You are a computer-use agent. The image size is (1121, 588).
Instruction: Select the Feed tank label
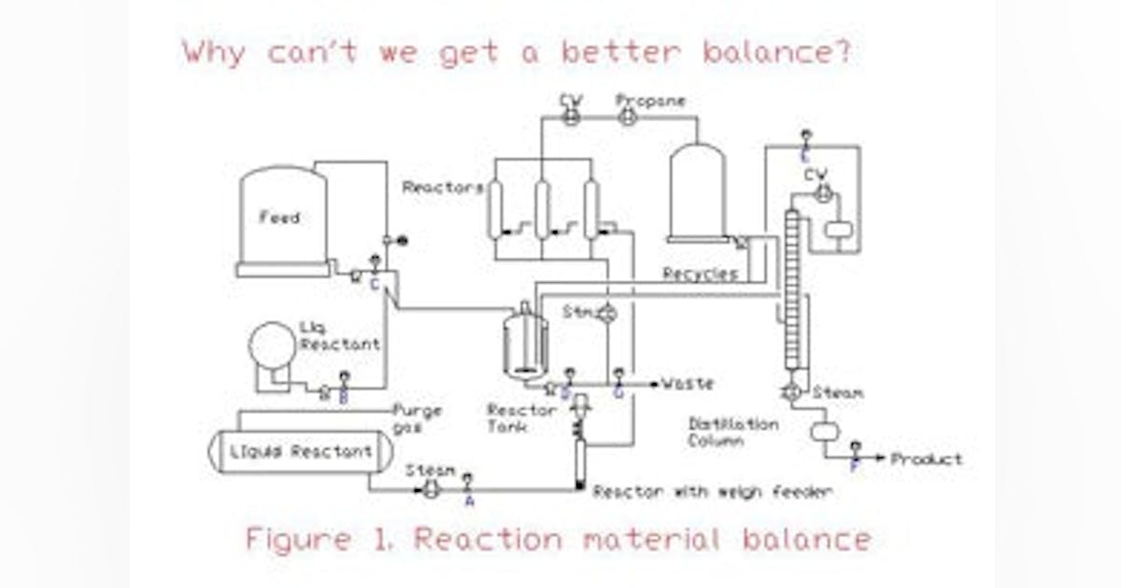coord(279,217)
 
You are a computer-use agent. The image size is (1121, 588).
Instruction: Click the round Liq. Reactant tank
coord(272,345)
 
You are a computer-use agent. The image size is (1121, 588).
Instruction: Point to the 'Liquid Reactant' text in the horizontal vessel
coord(301,452)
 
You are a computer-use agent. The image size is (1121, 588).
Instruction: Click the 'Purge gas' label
coord(417,418)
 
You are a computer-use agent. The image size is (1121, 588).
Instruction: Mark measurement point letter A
coord(469,500)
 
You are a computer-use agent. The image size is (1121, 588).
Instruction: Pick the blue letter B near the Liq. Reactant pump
coord(343,399)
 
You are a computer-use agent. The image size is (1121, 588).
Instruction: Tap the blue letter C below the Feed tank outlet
coord(374,286)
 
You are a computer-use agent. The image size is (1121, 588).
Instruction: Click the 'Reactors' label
coord(443,188)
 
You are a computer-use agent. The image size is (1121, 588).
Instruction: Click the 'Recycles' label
coord(700,274)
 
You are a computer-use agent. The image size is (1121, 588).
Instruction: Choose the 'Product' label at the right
coord(926,459)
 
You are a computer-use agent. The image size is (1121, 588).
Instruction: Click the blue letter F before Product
coord(854,466)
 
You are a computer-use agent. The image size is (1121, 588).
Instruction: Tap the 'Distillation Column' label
coord(732,432)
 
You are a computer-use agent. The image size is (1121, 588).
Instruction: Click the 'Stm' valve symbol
coord(606,313)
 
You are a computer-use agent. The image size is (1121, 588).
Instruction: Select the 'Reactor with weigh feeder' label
coord(713,491)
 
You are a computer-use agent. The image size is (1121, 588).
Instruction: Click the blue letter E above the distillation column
coord(806,156)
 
